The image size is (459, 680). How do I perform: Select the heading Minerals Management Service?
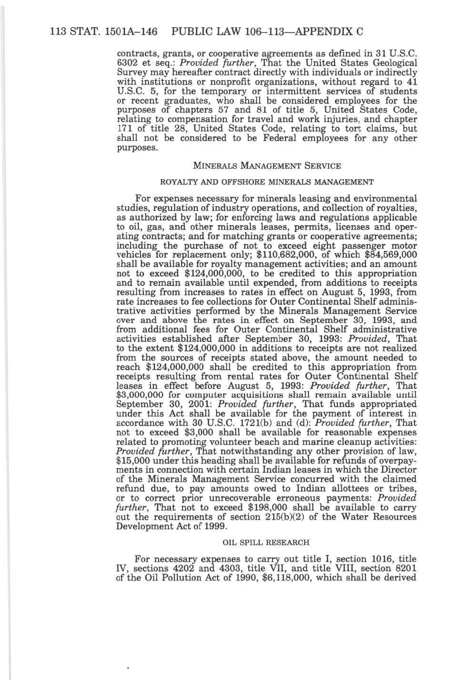267,166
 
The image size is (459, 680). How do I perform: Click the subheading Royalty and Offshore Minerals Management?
266,182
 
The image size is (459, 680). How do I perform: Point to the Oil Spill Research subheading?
266,543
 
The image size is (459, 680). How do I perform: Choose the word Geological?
394,63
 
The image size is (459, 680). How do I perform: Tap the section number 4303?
229,568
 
